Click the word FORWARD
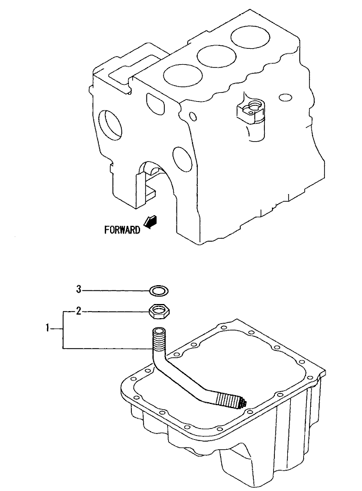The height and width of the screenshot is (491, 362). click(x=122, y=230)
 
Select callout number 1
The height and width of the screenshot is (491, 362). click(x=48, y=328)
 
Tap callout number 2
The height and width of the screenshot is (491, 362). click(x=78, y=311)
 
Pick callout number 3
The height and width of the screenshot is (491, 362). click(x=79, y=289)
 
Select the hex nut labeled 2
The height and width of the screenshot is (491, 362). click(x=159, y=312)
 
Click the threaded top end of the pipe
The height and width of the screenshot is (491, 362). click(x=160, y=340)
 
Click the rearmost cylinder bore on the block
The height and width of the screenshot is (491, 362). click(x=250, y=37)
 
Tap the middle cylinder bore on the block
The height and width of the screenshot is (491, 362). click(x=216, y=56)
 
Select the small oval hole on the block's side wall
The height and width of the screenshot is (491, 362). click(x=285, y=98)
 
